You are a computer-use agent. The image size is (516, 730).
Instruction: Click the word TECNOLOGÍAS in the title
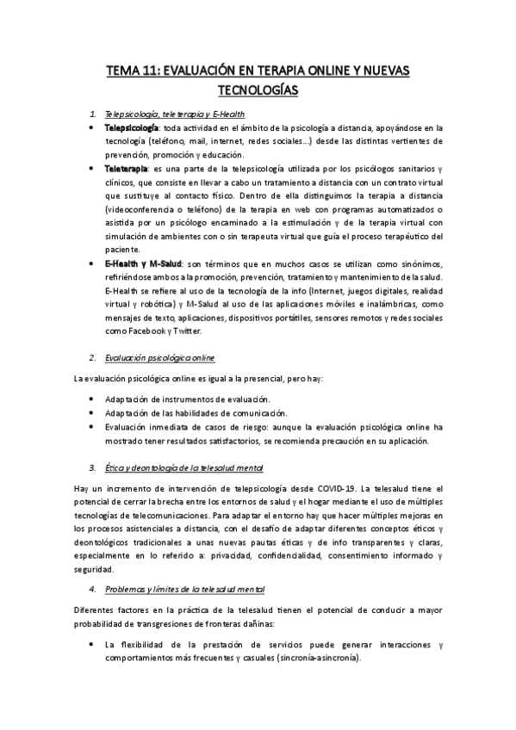258,89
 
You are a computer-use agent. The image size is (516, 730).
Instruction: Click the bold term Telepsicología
133,127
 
